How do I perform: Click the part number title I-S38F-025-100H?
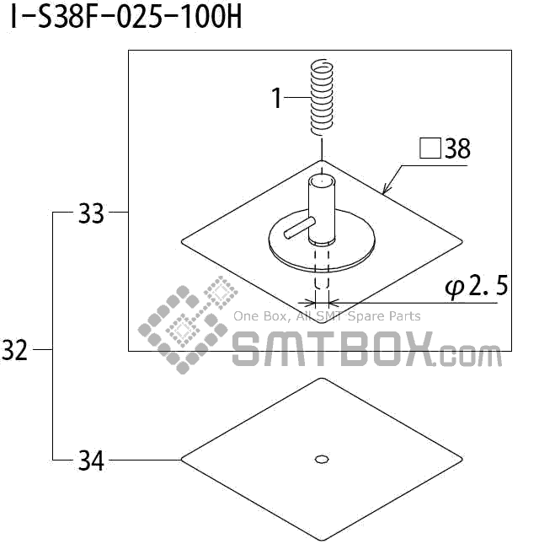pos(125,18)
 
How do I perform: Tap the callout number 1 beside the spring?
pos(276,98)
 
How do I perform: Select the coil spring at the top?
pos(319,97)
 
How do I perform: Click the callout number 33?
pos(90,214)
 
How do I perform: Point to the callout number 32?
pos(15,350)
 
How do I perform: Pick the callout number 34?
pos(90,461)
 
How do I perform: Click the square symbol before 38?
pos(430,149)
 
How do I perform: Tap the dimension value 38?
pos(457,149)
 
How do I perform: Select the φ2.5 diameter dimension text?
pos(477,287)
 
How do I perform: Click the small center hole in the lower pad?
pos(320,459)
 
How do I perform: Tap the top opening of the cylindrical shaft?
pos(320,180)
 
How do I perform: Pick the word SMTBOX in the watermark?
pos(333,348)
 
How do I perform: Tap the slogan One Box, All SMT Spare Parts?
pos(327,316)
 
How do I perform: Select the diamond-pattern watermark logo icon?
pos(187,324)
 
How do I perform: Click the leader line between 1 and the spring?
pos(297,98)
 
